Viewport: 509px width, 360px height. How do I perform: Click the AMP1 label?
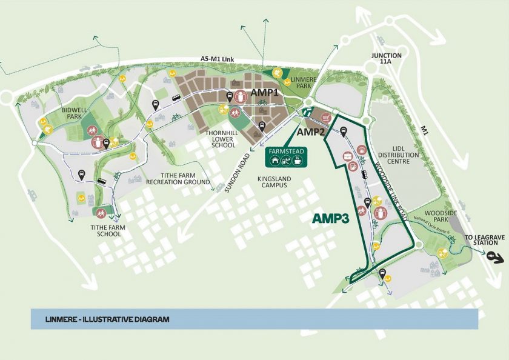tap(264, 94)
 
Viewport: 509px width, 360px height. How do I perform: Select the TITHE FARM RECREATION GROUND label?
tap(178, 179)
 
